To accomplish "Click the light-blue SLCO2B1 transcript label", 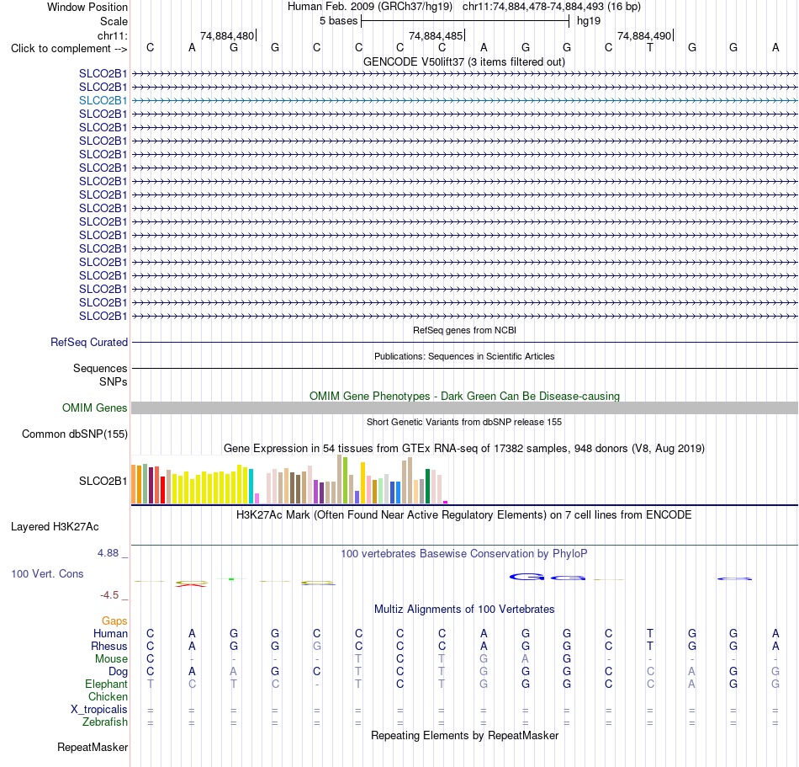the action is (103, 100).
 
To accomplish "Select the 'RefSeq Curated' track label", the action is (89, 342).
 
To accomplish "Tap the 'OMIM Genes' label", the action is (95, 408).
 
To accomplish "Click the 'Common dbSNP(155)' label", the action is (75, 434).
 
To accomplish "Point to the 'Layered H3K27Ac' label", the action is (55, 527).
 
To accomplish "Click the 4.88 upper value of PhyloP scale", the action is (108, 553).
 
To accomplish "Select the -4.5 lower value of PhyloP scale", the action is (109, 595).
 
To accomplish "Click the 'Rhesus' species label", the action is (109, 646).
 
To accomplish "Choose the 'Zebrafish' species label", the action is (105, 722).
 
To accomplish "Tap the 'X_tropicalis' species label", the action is (99, 710).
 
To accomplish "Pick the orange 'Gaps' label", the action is (114, 621).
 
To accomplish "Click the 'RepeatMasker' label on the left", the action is (93, 747).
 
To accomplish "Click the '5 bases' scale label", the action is (338, 21).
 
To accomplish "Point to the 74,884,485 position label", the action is (436, 35).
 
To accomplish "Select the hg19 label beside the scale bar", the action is (589, 21).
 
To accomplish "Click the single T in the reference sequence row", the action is (649, 47).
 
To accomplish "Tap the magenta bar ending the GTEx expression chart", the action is (446, 503).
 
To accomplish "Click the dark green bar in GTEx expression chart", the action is (427, 487).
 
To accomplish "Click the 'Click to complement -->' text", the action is (69, 49).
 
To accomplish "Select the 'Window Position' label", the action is (87, 7).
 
